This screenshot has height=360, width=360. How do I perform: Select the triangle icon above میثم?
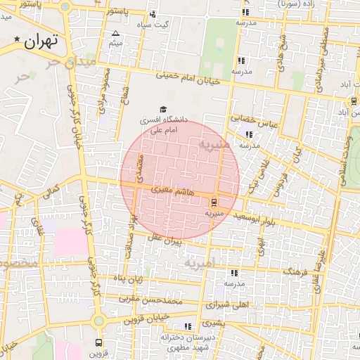pyautogui.click(x=116, y=33)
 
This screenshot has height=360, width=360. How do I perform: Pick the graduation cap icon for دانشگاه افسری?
pyautogui.click(x=163, y=110)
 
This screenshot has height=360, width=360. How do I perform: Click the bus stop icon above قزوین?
pyautogui.click(x=98, y=343)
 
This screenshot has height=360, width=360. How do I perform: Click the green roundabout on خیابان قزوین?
pyautogui.click(x=99, y=321)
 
